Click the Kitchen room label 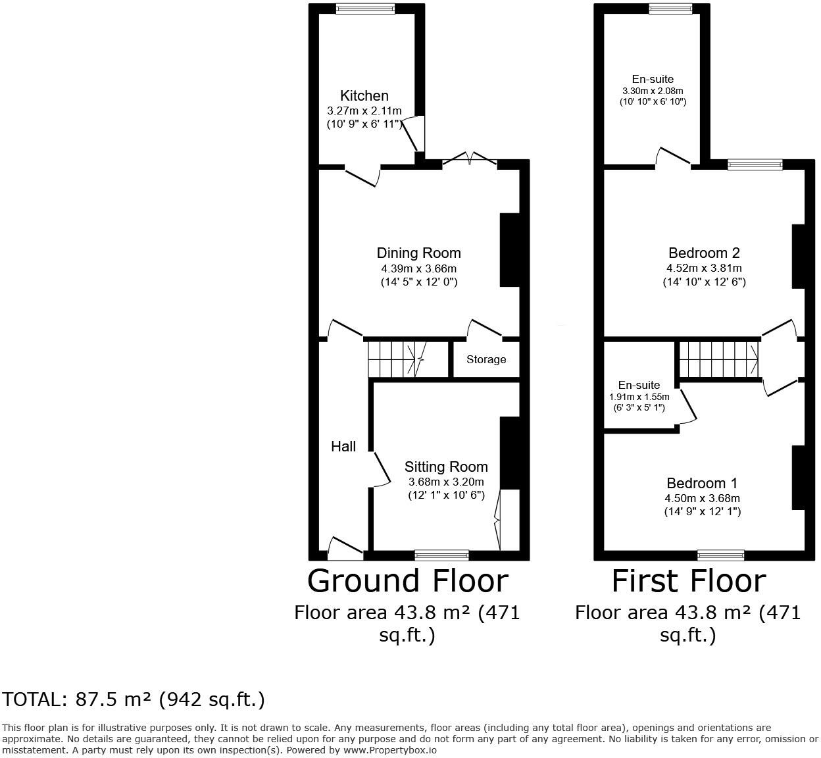tap(364, 95)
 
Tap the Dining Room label tap(419, 253)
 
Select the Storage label tap(486, 359)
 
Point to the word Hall tap(343, 446)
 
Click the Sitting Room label tap(446, 467)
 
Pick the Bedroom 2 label tap(704, 253)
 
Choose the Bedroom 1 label tap(702, 483)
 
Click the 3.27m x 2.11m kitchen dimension tap(364, 111)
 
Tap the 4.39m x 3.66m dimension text tap(419, 268)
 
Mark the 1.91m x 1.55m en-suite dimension tap(639, 397)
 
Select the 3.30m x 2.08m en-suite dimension tap(653, 91)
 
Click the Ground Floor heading tap(408, 581)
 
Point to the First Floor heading tap(689, 581)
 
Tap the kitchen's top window tap(365, 9)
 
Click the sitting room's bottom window tap(442, 555)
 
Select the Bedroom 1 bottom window tap(720, 555)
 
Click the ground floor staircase tap(408, 359)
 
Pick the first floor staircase tap(719, 359)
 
